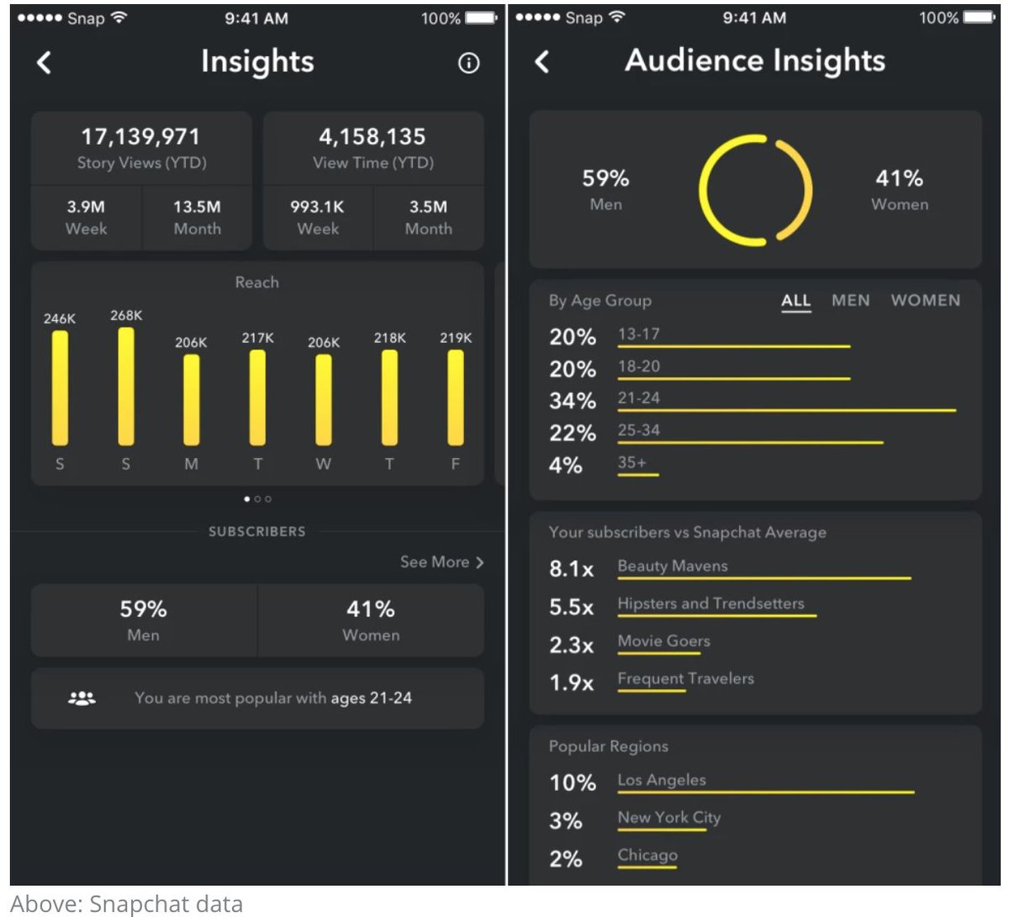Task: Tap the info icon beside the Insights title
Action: point(468,63)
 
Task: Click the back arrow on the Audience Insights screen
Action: point(542,61)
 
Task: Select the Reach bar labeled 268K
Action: point(126,387)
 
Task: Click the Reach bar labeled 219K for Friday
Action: point(456,398)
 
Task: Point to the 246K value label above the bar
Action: point(60,319)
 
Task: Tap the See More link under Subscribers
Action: point(441,562)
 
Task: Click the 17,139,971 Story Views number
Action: point(140,136)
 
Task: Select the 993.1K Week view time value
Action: point(317,207)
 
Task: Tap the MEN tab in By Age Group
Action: point(850,300)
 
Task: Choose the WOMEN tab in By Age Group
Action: point(925,300)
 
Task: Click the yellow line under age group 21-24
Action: point(786,410)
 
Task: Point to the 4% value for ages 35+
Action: point(565,465)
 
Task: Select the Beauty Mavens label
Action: point(673,566)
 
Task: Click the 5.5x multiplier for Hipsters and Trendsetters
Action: point(571,607)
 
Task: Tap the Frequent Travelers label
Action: point(685,678)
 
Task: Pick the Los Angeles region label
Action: point(662,780)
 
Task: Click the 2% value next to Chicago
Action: point(565,858)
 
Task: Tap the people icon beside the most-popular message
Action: point(82,698)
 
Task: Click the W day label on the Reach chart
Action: point(324,464)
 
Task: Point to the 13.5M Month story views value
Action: point(197,207)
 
